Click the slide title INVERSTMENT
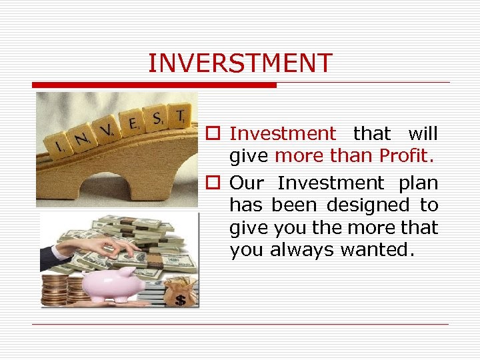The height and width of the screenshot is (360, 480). click(240, 63)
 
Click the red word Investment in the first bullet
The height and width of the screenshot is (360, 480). click(283, 133)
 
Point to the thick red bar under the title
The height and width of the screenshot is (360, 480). click(154, 85)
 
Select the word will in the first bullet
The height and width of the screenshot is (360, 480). click(423, 133)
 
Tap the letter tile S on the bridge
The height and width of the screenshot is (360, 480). click(157, 119)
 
